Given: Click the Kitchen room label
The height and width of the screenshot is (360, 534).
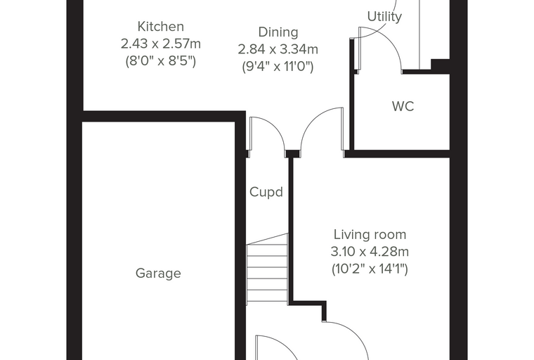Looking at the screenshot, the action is point(161,27).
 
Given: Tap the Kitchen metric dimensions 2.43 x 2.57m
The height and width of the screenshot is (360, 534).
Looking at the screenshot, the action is point(161,44).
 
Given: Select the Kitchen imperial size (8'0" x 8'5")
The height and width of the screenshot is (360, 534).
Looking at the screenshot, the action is point(161,61).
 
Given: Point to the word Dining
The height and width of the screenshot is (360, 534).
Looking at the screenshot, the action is point(278,32).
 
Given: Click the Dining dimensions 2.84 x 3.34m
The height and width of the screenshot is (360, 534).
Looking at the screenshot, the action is point(278,49).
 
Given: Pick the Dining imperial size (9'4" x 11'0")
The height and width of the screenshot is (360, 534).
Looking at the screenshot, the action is point(278,67).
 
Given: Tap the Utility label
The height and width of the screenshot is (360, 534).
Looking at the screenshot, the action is point(384,16).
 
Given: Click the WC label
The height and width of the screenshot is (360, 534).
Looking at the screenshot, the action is point(403,106).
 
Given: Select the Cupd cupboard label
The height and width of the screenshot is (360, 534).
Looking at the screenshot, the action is point(266,192).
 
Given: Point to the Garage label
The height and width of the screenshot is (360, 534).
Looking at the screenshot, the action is point(158,274).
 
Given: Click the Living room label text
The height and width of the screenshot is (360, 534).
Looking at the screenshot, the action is point(370,235).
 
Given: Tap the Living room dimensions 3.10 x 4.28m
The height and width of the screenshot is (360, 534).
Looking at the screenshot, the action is point(370,252).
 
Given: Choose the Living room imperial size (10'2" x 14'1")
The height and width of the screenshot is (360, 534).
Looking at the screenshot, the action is point(370,269).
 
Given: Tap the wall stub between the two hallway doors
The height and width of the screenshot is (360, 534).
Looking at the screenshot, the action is point(292,154).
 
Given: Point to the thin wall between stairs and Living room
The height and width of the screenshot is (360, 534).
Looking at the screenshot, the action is point(291,229).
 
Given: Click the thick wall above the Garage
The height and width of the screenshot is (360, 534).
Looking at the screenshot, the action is point(164,116).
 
